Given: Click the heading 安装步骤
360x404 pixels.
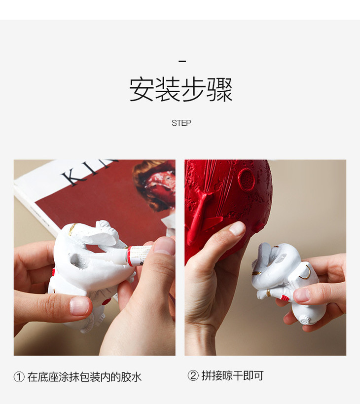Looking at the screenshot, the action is point(181,89).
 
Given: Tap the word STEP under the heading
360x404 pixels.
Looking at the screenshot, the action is point(181,123).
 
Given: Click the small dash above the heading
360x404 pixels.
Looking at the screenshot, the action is point(182,61).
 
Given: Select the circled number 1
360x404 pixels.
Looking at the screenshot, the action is point(19,377).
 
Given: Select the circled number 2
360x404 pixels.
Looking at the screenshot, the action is point(193,375).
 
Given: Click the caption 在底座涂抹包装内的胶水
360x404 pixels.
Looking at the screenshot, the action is point(84,377).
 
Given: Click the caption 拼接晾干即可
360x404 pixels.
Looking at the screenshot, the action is point(232,376).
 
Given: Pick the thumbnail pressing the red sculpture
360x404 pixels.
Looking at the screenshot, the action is point(237,229).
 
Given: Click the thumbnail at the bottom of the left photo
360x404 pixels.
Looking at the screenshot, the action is point(79,306).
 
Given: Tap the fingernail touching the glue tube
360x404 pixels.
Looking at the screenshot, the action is point(165,246).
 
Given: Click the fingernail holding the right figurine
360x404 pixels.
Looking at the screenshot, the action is point(302,295).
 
